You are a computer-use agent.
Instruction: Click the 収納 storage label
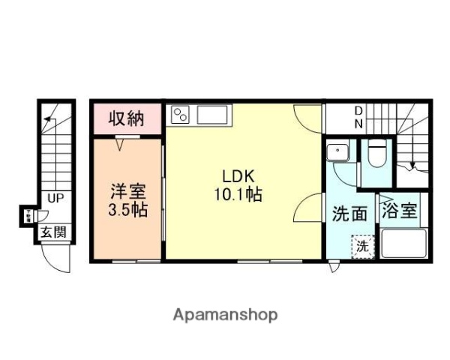[x=126, y=118]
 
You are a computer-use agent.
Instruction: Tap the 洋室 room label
[x=125, y=190]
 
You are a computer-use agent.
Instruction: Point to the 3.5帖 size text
[x=125, y=209]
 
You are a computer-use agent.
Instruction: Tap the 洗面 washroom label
[x=349, y=214]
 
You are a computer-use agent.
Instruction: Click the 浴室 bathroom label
[x=399, y=211]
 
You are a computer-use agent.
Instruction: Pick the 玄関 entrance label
[x=53, y=233]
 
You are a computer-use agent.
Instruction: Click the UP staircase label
[x=55, y=199]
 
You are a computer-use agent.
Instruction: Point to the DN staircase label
[x=358, y=118]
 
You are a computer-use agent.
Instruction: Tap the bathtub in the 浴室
[x=403, y=244]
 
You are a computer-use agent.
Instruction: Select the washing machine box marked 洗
[x=362, y=244]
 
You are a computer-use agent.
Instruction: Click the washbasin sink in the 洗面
[x=340, y=152]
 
